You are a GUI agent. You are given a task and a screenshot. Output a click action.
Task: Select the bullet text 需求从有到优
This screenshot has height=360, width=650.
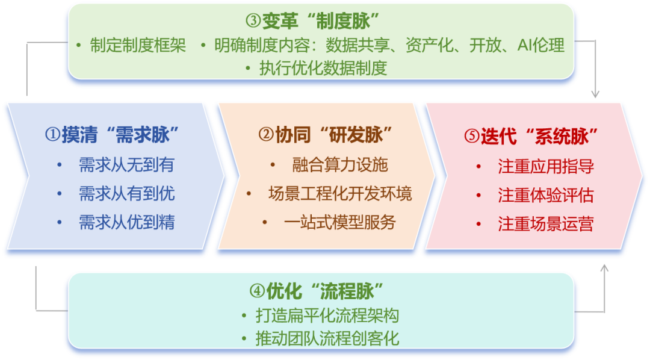[x=126, y=194]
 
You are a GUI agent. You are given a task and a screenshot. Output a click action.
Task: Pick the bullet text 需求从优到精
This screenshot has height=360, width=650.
[x=126, y=223]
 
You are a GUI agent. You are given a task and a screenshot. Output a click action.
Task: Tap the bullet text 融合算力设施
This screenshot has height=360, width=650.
[x=340, y=165]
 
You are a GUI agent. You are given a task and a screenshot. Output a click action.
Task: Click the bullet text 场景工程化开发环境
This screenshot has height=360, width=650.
[x=340, y=194]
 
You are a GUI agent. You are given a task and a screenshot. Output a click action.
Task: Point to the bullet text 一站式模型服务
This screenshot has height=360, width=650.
[x=340, y=223]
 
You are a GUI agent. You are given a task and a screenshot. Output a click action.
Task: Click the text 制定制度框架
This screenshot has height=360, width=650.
[x=138, y=46]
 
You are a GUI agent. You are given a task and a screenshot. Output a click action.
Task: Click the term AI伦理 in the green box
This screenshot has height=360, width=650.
[x=541, y=46]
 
